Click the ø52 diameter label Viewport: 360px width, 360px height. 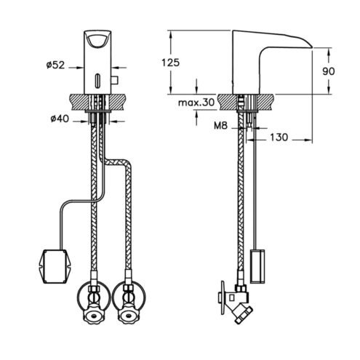pyautogui.click(x=55, y=65)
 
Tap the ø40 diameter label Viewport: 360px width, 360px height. pyautogui.click(x=60, y=119)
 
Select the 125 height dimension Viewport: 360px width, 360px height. pyautogui.click(x=171, y=63)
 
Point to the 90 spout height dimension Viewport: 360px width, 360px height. pyautogui.click(x=329, y=71)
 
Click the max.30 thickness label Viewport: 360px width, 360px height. pyautogui.click(x=196, y=103)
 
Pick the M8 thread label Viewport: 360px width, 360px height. pyautogui.click(x=221, y=125)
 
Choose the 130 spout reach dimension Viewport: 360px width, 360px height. pyautogui.click(x=279, y=137)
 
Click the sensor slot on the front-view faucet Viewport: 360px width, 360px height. pyautogui.click(x=97, y=79)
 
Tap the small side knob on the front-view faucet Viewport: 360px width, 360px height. pyautogui.click(x=114, y=80)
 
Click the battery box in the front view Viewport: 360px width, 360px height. pyautogui.click(x=55, y=266)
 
